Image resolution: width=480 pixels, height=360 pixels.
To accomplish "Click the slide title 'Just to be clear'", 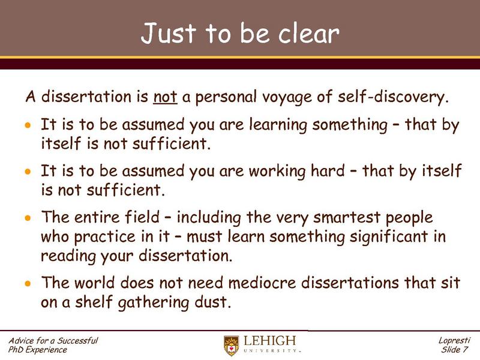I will [x=240, y=34].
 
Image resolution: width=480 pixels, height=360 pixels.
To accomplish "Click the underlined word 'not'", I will [x=164, y=96].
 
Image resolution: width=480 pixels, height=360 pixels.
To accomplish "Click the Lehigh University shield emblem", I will [x=232, y=345].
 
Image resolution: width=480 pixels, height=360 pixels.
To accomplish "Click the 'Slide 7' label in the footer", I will [x=455, y=350].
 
